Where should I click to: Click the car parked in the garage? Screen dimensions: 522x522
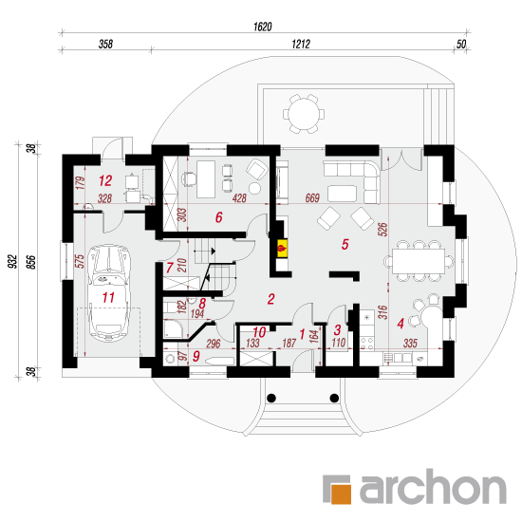108,293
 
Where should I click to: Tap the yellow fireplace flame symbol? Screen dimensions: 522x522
283,248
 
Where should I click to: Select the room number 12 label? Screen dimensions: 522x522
105,180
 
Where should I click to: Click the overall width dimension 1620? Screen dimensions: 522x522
263,27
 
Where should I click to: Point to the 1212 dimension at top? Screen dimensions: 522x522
301,44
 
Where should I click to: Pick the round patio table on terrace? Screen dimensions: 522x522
304,114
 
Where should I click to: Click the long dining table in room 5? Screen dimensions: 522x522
419,261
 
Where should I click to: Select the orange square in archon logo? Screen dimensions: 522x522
340,492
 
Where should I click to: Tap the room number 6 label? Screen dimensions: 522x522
218,217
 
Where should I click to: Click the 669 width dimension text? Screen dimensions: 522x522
312,198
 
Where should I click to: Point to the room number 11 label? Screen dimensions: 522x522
108,297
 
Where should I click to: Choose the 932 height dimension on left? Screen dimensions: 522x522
12,261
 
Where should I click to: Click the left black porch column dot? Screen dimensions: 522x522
271,398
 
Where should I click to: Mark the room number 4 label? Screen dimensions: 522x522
401,324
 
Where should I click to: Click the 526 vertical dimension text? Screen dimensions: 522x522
382,230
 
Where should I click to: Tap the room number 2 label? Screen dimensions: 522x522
271,299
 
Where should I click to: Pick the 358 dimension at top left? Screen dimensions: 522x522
105,44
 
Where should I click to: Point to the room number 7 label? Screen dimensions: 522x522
170,268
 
